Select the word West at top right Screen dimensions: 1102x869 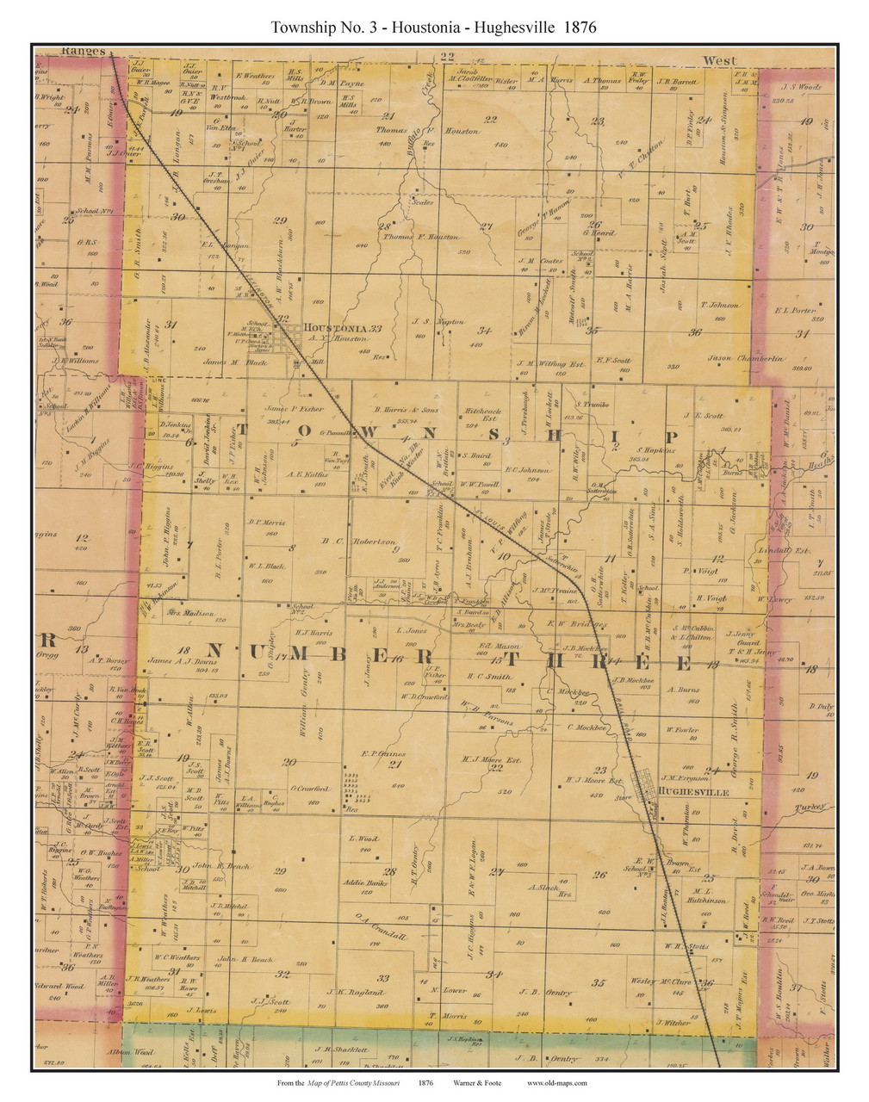point(719,60)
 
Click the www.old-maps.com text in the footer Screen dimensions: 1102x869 point(556,1083)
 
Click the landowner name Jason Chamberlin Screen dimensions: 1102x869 point(745,358)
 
